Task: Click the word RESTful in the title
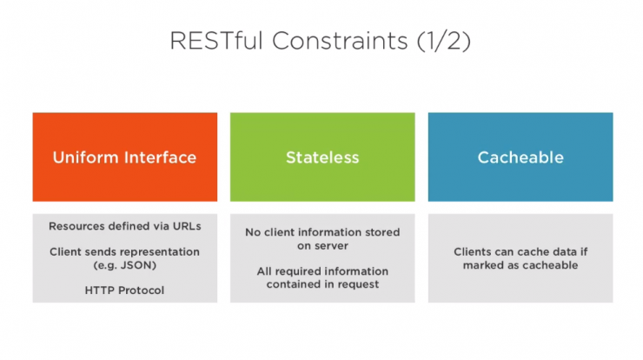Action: [216, 40]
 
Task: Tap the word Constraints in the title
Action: [340, 40]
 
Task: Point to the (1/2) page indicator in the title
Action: [444, 41]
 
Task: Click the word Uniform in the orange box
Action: [85, 157]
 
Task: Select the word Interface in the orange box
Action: [161, 157]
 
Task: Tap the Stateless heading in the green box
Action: [322, 157]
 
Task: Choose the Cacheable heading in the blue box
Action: [520, 157]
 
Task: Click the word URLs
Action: [187, 226]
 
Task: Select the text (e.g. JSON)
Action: [124, 265]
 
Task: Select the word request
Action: [358, 284]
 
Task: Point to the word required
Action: [295, 271]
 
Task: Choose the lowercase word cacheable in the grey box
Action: [550, 265]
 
